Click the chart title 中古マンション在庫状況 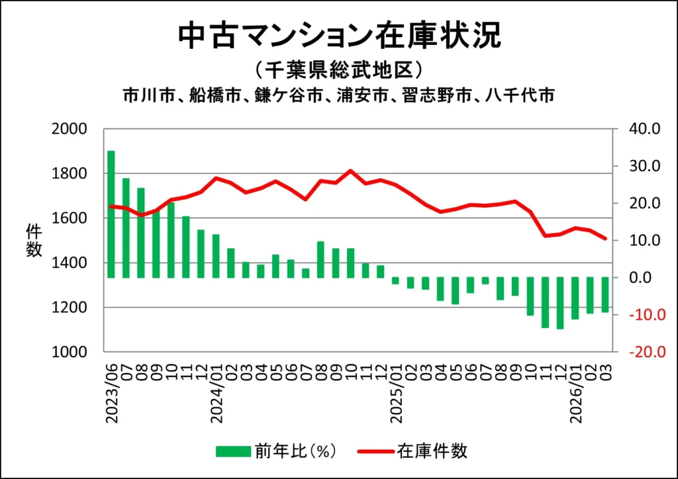(x=339, y=36)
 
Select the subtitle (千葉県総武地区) (x=338, y=69)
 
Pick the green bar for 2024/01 (x=216, y=255)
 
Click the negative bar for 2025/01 (x=395, y=281)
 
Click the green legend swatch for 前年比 (x=232, y=452)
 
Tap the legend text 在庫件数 (x=433, y=452)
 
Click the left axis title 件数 (x=34, y=241)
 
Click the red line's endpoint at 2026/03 (x=605, y=239)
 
